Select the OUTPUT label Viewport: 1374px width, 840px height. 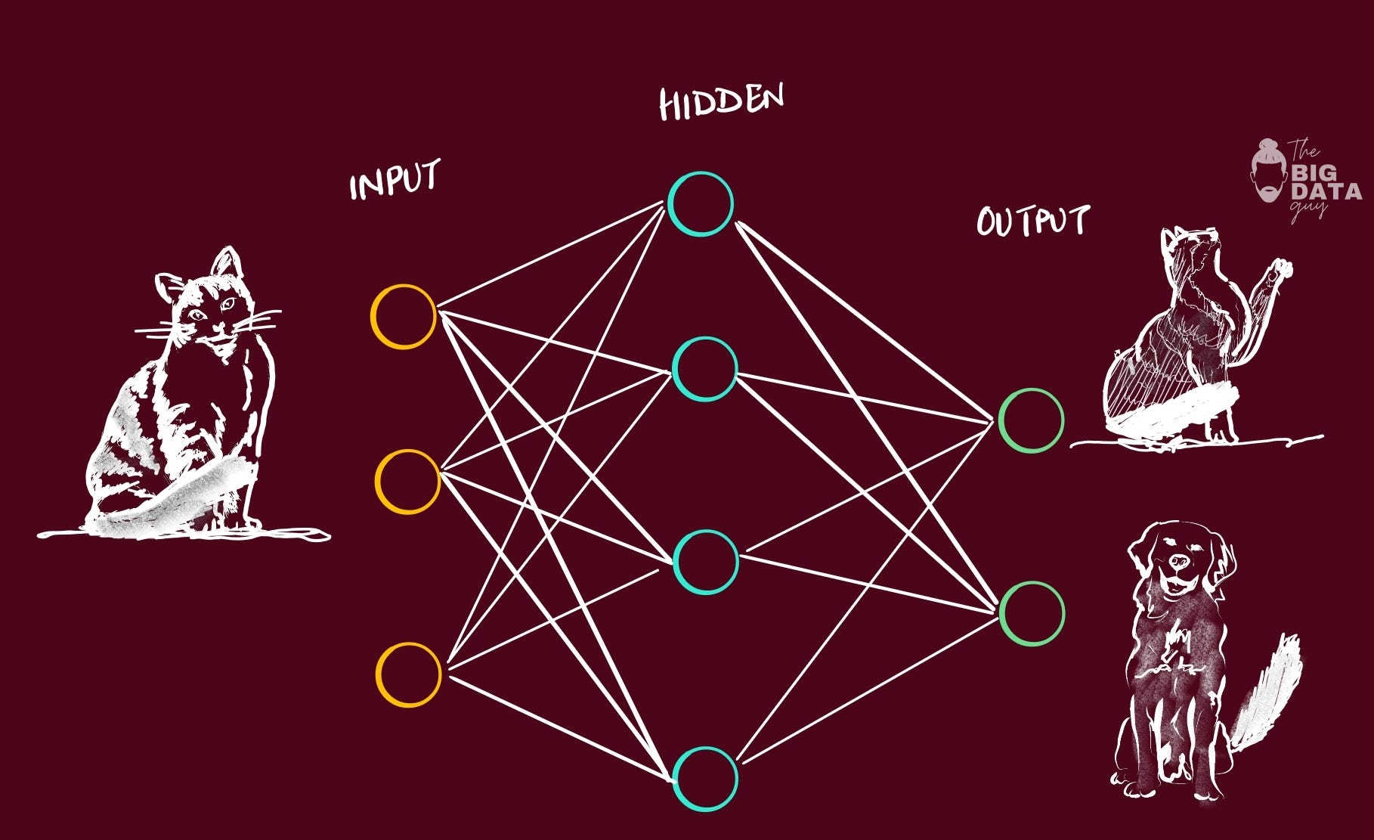tap(1032, 221)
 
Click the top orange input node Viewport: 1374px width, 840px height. tap(404, 316)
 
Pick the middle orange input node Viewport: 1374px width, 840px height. tap(407, 482)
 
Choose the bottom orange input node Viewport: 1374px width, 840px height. tap(409, 674)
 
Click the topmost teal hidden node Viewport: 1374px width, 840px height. tap(700, 204)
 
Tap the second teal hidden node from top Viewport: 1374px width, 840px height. tap(704, 369)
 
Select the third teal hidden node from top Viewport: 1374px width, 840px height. tap(705, 562)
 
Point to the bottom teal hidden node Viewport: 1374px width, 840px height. tap(705, 779)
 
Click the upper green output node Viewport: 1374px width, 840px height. tap(1031, 420)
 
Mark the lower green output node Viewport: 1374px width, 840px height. tap(1032, 613)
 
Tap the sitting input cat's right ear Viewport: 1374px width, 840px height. tap(226, 262)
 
